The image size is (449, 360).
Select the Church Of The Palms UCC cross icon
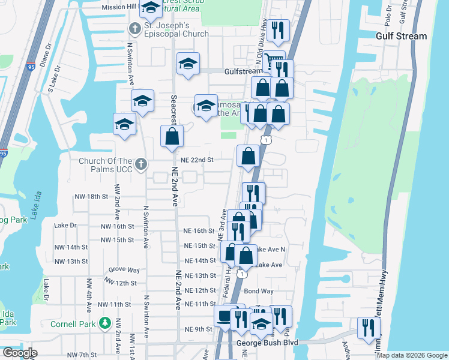coord(140,164)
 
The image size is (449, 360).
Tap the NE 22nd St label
coord(199,160)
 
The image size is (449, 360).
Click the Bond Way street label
coord(259,291)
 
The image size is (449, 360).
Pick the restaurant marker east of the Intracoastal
coord(367,328)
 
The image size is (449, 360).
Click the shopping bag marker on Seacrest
coord(172,136)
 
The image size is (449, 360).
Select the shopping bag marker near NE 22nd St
coord(248,157)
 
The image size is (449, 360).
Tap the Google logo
coord(20,353)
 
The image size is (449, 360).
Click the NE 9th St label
coord(199,329)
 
